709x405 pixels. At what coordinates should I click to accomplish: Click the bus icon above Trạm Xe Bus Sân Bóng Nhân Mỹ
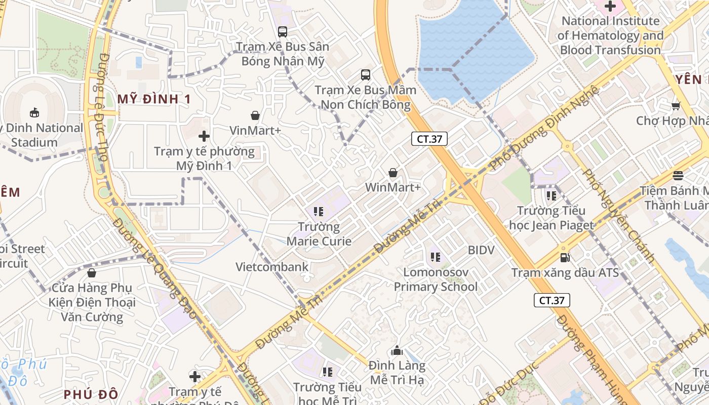coord(283,32)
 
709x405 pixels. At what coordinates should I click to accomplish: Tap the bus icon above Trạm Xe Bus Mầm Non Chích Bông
coord(366,75)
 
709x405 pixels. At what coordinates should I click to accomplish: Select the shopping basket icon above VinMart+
coord(255,115)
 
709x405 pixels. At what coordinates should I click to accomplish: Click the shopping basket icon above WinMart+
coord(393,173)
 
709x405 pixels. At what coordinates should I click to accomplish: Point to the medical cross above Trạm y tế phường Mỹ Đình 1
coord(204,136)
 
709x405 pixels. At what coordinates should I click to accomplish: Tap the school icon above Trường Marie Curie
coord(319,212)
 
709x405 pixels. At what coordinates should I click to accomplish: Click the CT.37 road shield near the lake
coord(429,139)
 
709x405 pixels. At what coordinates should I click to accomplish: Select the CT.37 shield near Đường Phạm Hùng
coord(552,300)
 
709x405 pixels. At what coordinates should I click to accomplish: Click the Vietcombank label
coord(272,267)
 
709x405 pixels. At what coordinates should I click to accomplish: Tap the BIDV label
coord(481,250)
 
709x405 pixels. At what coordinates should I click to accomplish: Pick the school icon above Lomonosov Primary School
coord(436,257)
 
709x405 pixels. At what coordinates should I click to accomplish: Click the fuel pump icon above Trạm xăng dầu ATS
coord(565,258)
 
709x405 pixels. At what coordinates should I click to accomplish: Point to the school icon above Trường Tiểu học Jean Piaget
coord(552,195)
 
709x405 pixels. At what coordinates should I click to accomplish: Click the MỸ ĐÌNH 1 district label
coord(154,99)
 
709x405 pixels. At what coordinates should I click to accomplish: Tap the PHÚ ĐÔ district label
coord(91,394)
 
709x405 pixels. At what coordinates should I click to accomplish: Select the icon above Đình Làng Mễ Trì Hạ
coord(397,350)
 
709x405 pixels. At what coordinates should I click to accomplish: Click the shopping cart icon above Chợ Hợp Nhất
coord(676,106)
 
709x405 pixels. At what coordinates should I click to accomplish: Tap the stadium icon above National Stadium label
coord(34,112)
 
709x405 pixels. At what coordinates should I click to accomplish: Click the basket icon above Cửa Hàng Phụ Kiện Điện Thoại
coord(92,273)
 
